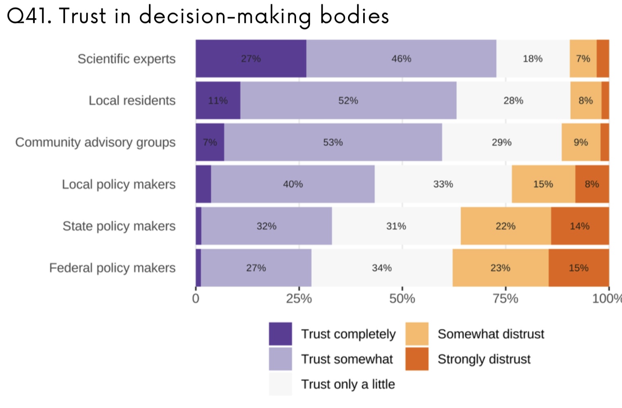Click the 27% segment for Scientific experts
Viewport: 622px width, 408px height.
click(x=251, y=59)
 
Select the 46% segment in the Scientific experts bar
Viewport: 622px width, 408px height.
click(x=401, y=59)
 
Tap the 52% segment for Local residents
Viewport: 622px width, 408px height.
click(x=348, y=100)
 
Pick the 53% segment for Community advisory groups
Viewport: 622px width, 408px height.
click(x=333, y=143)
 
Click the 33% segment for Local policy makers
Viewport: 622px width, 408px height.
click(x=443, y=184)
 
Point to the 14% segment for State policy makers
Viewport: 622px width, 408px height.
click(x=579, y=226)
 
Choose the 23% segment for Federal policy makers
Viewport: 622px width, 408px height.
click(x=500, y=268)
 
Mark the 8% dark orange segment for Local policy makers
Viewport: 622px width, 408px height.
click(x=592, y=184)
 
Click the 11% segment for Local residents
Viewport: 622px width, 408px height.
click(x=218, y=100)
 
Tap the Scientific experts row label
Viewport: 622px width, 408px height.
click(x=126, y=59)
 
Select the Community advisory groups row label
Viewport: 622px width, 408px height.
click(x=95, y=143)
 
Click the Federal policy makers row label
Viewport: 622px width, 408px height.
click(x=112, y=268)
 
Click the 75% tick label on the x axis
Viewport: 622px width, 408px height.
click(x=505, y=299)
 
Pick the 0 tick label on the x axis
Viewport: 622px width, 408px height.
click(x=196, y=299)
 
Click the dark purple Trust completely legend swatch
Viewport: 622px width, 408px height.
click(x=280, y=334)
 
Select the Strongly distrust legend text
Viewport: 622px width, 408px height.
click(x=484, y=359)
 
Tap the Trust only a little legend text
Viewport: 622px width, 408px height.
click(x=348, y=384)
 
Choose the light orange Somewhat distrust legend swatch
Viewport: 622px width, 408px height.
click(x=417, y=334)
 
